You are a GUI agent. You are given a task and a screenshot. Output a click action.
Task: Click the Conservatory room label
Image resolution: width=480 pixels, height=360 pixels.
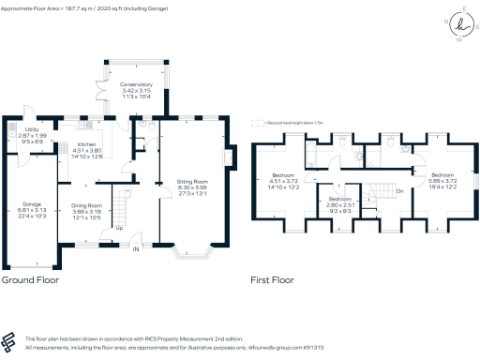click(x=136, y=84)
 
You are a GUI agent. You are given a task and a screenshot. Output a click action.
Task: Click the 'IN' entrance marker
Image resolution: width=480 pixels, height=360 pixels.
click(x=135, y=249)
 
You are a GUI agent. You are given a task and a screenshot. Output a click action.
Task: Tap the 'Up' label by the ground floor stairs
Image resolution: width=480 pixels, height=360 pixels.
click(x=118, y=228)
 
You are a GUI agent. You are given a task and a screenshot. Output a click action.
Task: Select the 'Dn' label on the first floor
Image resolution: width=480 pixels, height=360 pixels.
click(x=398, y=191)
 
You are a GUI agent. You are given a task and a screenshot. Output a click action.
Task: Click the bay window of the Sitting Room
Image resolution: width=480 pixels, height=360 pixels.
click(x=196, y=252)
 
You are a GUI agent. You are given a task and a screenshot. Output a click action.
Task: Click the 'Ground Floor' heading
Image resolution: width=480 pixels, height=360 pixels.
click(x=32, y=279)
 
